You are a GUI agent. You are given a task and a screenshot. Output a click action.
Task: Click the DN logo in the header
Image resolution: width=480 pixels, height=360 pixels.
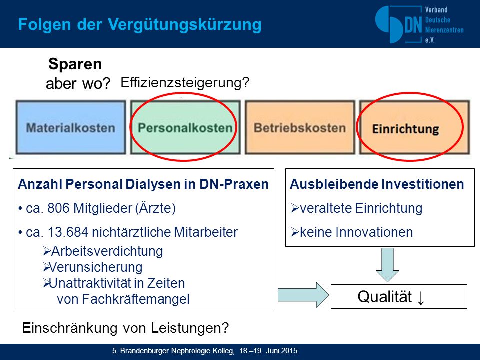[x=419, y=25]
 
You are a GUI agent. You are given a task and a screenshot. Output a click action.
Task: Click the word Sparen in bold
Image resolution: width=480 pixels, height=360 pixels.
[x=75, y=64]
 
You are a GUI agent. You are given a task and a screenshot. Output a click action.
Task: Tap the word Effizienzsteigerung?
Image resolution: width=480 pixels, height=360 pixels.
[x=185, y=82]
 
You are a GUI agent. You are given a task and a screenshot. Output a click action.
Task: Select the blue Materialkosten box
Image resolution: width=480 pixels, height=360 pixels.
[x=71, y=127]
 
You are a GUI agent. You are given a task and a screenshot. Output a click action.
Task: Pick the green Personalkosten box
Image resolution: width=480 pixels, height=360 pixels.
[x=185, y=127]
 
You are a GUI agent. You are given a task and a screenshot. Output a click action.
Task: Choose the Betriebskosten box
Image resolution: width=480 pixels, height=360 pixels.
[x=300, y=127]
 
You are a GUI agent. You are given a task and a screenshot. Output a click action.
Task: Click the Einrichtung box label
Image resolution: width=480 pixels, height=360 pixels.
[x=405, y=129]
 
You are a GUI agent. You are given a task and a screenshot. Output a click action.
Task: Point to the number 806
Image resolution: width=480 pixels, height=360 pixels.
[x=59, y=208]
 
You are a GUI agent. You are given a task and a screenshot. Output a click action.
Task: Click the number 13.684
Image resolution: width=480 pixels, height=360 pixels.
[x=68, y=232]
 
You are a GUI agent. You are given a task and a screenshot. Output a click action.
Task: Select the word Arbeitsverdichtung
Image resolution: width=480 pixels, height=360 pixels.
[x=107, y=251]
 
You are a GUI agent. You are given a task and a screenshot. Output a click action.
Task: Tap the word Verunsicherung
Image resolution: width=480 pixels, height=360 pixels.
[x=96, y=267]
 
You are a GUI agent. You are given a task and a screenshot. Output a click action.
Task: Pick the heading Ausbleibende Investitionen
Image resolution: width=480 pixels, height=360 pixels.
[x=377, y=184]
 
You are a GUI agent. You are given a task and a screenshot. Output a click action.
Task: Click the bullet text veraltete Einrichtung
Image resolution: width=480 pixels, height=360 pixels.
[x=361, y=208]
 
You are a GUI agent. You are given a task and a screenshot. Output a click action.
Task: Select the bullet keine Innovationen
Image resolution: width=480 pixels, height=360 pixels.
[x=356, y=232]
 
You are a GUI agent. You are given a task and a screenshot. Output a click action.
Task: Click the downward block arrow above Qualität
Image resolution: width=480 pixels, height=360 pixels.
[x=387, y=265]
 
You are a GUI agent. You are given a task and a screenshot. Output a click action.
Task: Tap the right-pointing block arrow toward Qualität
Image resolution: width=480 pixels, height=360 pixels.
[x=303, y=295]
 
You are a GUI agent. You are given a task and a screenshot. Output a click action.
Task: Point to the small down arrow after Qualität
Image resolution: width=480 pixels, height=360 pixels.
[x=421, y=298]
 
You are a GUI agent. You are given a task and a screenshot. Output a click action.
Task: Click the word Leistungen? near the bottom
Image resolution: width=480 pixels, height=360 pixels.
[x=190, y=328]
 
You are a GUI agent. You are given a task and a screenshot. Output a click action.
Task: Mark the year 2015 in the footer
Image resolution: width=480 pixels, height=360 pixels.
[x=289, y=351]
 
